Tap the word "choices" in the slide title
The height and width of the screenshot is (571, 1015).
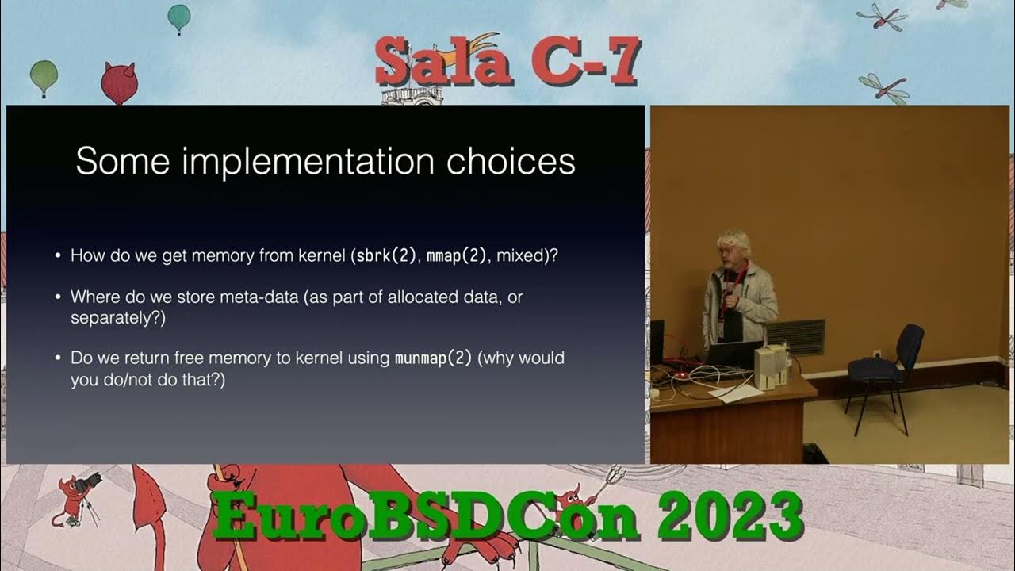pyautogui.click(x=510, y=162)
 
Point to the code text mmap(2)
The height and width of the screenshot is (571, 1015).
pyautogui.click(x=457, y=256)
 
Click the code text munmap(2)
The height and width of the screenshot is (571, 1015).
pyautogui.click(x=432, y=358)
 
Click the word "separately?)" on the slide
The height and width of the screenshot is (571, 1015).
pyautogui.click(x=118, y=318)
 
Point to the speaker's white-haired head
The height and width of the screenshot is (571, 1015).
pyautogui.click(x=733, y=247)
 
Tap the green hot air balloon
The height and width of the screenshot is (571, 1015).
pyautogui.click(x=44, y=76)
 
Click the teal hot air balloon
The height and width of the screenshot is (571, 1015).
pyautogui.click(x=179, y=16)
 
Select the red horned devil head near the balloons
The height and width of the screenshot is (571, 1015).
pyautogui.click(x=119, y=82)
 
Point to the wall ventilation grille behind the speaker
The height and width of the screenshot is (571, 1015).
pyautogui.click(x=795, y=335)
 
